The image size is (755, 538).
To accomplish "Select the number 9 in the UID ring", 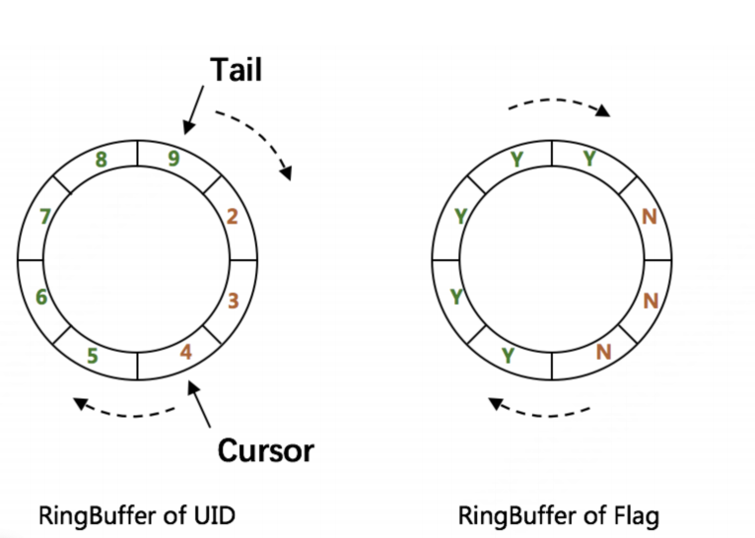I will [x=173, y=158].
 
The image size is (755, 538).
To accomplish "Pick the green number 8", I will [x=101, y=158].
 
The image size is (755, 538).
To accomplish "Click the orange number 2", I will [x=233, y=216].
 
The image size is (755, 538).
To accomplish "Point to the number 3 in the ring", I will [x=234, y=300].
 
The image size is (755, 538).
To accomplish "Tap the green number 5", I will [x=92, y=354].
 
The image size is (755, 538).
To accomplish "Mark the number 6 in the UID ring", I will [x=40, y=297].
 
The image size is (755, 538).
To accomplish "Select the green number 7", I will [x=44, y=216].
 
